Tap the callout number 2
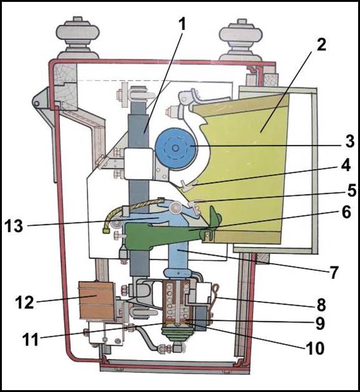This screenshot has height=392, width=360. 321,45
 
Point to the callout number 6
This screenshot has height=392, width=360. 346,212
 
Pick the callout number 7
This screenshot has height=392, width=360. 334,272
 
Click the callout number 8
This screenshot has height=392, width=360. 321,304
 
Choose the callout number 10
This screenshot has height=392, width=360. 315,348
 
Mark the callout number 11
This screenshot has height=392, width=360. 30,339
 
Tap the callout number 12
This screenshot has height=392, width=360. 24,302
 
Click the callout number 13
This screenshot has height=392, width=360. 14,226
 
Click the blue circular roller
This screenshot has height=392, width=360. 176,149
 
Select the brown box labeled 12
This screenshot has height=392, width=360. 97,301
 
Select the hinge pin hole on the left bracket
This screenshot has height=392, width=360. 37,103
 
